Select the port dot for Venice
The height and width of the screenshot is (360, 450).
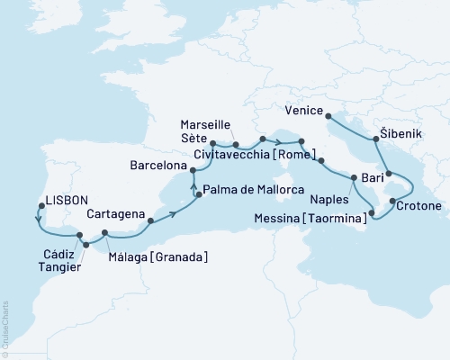(x=328, y=115)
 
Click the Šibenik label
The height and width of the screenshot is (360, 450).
(x=409, y=130)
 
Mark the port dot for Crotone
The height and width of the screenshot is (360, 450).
(x=392, y=190)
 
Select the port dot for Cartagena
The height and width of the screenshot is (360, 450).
(x=150, y=220)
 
